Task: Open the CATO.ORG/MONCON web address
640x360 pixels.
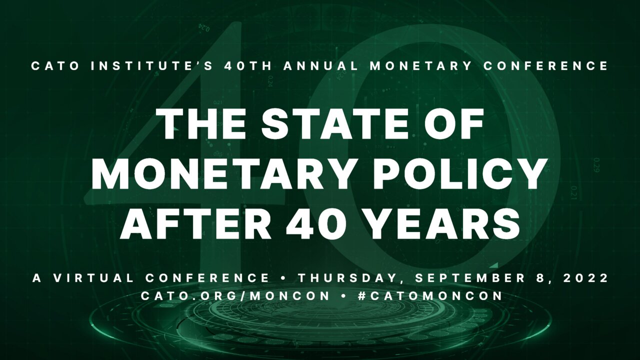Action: [235, 296]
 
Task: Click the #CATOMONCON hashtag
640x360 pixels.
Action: [430, 296]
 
